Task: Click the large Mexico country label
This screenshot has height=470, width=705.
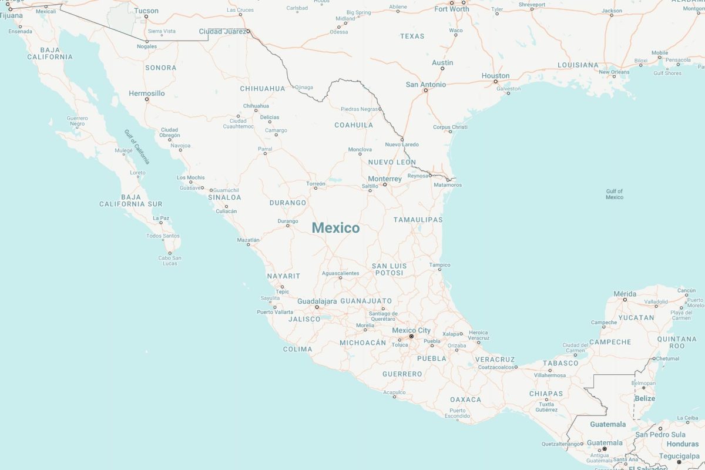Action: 335,228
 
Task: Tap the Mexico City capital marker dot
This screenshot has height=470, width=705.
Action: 411,337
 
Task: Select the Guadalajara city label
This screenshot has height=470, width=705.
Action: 317,301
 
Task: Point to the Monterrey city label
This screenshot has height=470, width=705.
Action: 385,179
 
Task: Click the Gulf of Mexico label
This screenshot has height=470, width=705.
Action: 615,194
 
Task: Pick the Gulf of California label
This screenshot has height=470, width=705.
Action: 137,146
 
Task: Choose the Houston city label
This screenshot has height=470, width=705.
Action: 495,76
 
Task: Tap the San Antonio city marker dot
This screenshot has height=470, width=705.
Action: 426,90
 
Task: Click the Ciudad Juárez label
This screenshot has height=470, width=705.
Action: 223,31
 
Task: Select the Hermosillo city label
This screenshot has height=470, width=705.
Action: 147,93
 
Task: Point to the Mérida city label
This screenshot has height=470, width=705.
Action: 625,294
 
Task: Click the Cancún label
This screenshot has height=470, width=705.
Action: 686,290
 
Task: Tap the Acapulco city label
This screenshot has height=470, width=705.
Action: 394,392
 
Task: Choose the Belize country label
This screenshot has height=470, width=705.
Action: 644,398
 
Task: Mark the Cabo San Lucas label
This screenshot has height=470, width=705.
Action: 169,260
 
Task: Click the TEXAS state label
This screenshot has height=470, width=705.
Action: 412,36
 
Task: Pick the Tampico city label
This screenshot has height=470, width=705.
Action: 439,265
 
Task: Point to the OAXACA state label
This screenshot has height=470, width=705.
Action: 465,399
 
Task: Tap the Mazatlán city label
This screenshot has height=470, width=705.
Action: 248,240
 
